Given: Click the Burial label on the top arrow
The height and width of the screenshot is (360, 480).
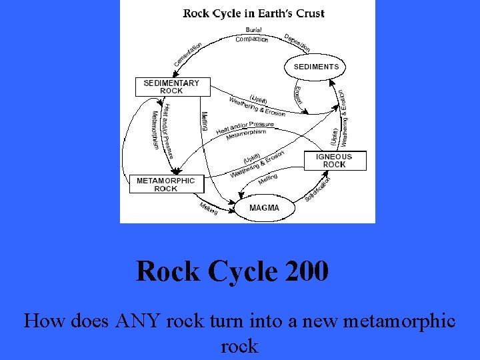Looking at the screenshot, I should [x=253, y=30].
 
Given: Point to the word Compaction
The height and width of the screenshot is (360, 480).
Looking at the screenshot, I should [x=252, y=39].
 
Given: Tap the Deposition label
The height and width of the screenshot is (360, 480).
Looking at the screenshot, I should [x=297, y=42].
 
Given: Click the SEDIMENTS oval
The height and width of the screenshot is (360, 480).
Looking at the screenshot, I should [x=316, y=67].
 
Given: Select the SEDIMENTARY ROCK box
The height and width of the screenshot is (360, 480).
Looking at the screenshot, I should [x=171, y=87].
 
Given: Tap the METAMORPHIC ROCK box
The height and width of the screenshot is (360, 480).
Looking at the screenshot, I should [x=166, y=185].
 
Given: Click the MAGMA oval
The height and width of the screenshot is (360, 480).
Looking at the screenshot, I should [x=264, y=208].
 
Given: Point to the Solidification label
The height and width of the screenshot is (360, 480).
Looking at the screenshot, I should [x=318, y=189].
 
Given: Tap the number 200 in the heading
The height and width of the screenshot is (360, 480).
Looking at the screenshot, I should [x=306, y=271].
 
